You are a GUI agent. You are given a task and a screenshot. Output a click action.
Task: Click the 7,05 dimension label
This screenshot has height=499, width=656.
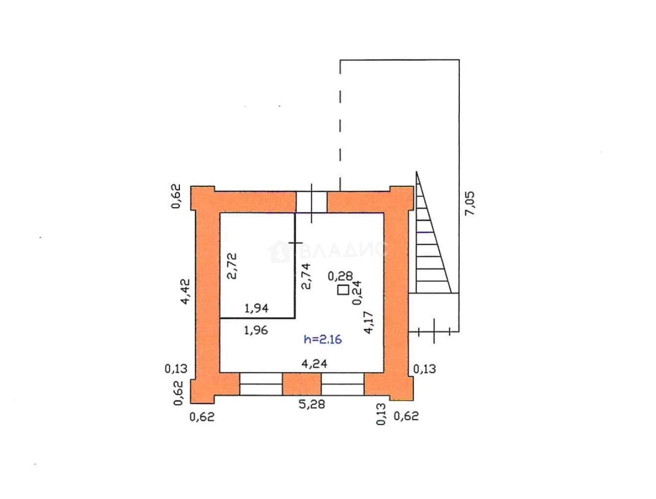click(469, 203)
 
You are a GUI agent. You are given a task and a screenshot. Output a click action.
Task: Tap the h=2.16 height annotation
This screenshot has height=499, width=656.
click(322, 340)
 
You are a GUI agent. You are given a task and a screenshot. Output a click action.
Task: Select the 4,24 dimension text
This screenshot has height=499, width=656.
click(314, 364)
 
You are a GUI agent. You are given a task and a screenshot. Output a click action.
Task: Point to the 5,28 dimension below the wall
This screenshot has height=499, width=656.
click(312, 404)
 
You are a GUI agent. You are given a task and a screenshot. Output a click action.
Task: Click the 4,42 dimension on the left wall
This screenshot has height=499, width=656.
click(185, 291)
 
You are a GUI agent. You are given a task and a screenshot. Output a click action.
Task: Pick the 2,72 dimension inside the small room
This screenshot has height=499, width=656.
click(232, 266)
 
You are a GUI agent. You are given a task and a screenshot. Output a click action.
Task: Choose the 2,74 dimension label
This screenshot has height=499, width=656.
click(306, 276)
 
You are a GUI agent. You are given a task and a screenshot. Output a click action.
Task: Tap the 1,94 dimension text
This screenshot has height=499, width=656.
click(256, 308)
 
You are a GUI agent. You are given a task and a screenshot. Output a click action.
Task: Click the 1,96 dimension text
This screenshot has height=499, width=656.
click(256, 330)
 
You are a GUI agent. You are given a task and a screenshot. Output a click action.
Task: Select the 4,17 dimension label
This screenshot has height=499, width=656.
click(368, 322)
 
